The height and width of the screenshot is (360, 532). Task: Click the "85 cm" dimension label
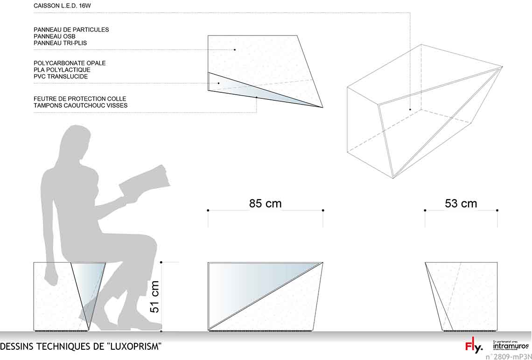tap(265, 204)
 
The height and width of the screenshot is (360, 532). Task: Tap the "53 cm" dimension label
tap(461, 204)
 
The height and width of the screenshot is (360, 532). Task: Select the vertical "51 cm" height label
tap(155, 296)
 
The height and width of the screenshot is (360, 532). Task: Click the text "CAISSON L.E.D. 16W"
tap(64, 6)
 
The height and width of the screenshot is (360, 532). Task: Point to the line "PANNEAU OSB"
tap(54, 36)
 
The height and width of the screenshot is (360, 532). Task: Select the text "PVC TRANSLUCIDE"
tap(61, 76)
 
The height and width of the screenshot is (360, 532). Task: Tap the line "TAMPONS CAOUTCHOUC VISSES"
tap(80, 105)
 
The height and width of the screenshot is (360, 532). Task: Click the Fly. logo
tap(473, 346)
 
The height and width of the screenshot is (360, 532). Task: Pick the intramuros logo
tap(511, 345)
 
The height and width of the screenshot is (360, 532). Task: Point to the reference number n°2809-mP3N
tap(509, 356)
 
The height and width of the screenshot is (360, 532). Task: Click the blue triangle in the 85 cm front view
tap(243, 284)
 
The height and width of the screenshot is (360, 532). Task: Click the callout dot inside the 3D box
tap(410, 110)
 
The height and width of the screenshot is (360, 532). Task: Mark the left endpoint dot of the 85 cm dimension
tap(208, 211)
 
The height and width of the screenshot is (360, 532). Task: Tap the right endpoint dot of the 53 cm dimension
tap(497, 211)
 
